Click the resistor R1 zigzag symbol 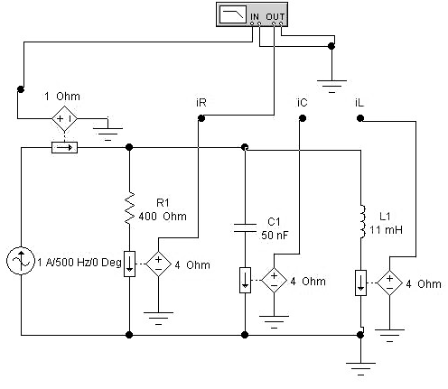tap(129, 208)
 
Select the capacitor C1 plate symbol tap(245, 228)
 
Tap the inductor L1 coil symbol tap(362, 221)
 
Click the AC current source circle tap(21, 261)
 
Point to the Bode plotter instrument tap(252, 14)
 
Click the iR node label tap(201, 103)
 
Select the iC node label tap(302, 103)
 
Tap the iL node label tap(359, 103)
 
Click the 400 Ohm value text tap(163, 217)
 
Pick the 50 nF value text tap(275, 235)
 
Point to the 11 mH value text tap(386, 230)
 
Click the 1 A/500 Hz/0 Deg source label tap(79, 263)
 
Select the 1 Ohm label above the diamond tap(62, 97)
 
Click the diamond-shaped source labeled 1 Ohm tap(64, 118)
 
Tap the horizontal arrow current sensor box tap(64, 148)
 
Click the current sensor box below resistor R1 tap(129, 264)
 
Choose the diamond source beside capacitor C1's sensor tap(274, 280)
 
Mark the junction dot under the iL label tap(360, 118)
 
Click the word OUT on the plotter tap(275, 16)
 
